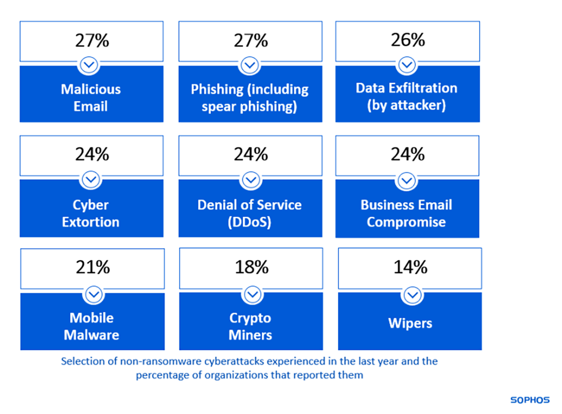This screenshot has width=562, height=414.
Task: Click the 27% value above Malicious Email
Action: click(x=92, y=40)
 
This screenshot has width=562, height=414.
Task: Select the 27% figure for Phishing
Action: click(x=251, y=40)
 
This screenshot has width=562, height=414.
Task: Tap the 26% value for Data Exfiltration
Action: click(x=407, y=40)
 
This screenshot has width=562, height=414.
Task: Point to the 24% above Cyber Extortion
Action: click(x=92, y=154)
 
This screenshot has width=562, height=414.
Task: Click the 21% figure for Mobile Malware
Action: click(x=93, y=267)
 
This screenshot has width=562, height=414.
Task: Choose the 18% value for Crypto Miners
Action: click(x=251, y=267)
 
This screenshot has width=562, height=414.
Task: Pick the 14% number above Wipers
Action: click(x=410, y=267)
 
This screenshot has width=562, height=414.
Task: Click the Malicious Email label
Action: click(x=91, y=98)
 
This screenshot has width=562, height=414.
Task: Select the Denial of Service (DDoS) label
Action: click(x=250, y=213)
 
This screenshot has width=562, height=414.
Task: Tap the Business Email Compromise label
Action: click(x=407, y=213)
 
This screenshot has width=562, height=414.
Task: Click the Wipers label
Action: click(x=410, y=324)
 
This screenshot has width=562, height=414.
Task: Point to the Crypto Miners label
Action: click(x=251, y=326)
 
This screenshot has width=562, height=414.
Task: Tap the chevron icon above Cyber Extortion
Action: click(x=92, y=179)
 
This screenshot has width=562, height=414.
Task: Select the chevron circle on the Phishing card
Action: click(x=250, y=65)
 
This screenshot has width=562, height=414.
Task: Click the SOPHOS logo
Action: click(x=530, y=399)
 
